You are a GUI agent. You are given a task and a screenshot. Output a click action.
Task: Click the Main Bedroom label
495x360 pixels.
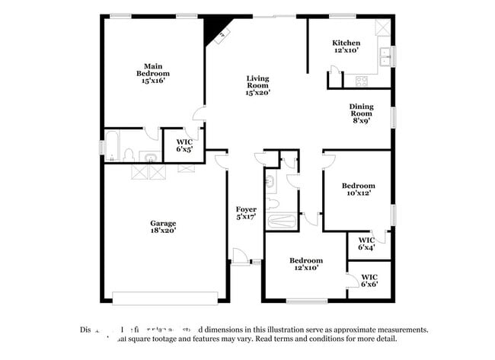[152, 72]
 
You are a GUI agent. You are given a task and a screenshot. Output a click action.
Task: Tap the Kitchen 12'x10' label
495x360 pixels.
[346, 46]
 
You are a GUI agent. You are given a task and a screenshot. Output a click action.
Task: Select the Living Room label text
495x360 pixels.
[259, 85]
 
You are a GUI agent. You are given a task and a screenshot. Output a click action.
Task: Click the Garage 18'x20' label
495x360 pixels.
[162, 227]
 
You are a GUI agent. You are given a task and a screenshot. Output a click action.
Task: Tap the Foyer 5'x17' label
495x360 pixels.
[245, 213]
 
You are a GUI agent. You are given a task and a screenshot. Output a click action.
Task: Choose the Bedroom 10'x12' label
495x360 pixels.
[357, 190]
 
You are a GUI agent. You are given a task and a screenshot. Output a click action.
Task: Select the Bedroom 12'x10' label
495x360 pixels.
[305, 264]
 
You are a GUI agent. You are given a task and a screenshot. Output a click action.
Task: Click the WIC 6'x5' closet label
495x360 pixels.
[184, 145]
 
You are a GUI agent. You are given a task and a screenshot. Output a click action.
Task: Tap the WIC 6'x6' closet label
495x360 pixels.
[369, 280]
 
